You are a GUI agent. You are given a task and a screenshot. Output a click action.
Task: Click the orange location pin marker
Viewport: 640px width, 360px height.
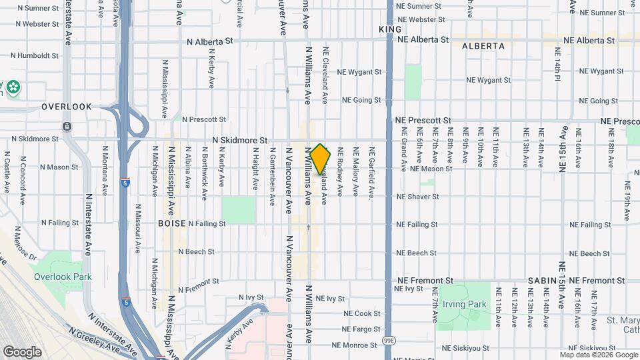[x=321, y=159]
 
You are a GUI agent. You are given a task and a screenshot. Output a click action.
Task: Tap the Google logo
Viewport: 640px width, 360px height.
[x=22, y=351]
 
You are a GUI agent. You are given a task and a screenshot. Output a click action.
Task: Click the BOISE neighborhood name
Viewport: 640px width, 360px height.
[x=171, y=224]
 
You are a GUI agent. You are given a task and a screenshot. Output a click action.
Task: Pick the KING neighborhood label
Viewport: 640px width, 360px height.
[x=390, y=29]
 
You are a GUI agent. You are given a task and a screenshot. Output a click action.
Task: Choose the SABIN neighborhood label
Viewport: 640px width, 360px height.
[x=541, y=281]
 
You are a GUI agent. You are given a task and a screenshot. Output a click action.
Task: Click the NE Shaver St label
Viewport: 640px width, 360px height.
[x=417, y=197]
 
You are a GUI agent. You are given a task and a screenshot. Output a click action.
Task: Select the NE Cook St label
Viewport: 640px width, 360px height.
[x=361, y=313]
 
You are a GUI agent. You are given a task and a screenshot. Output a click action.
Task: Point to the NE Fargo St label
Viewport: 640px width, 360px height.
[x=361, y=329]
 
